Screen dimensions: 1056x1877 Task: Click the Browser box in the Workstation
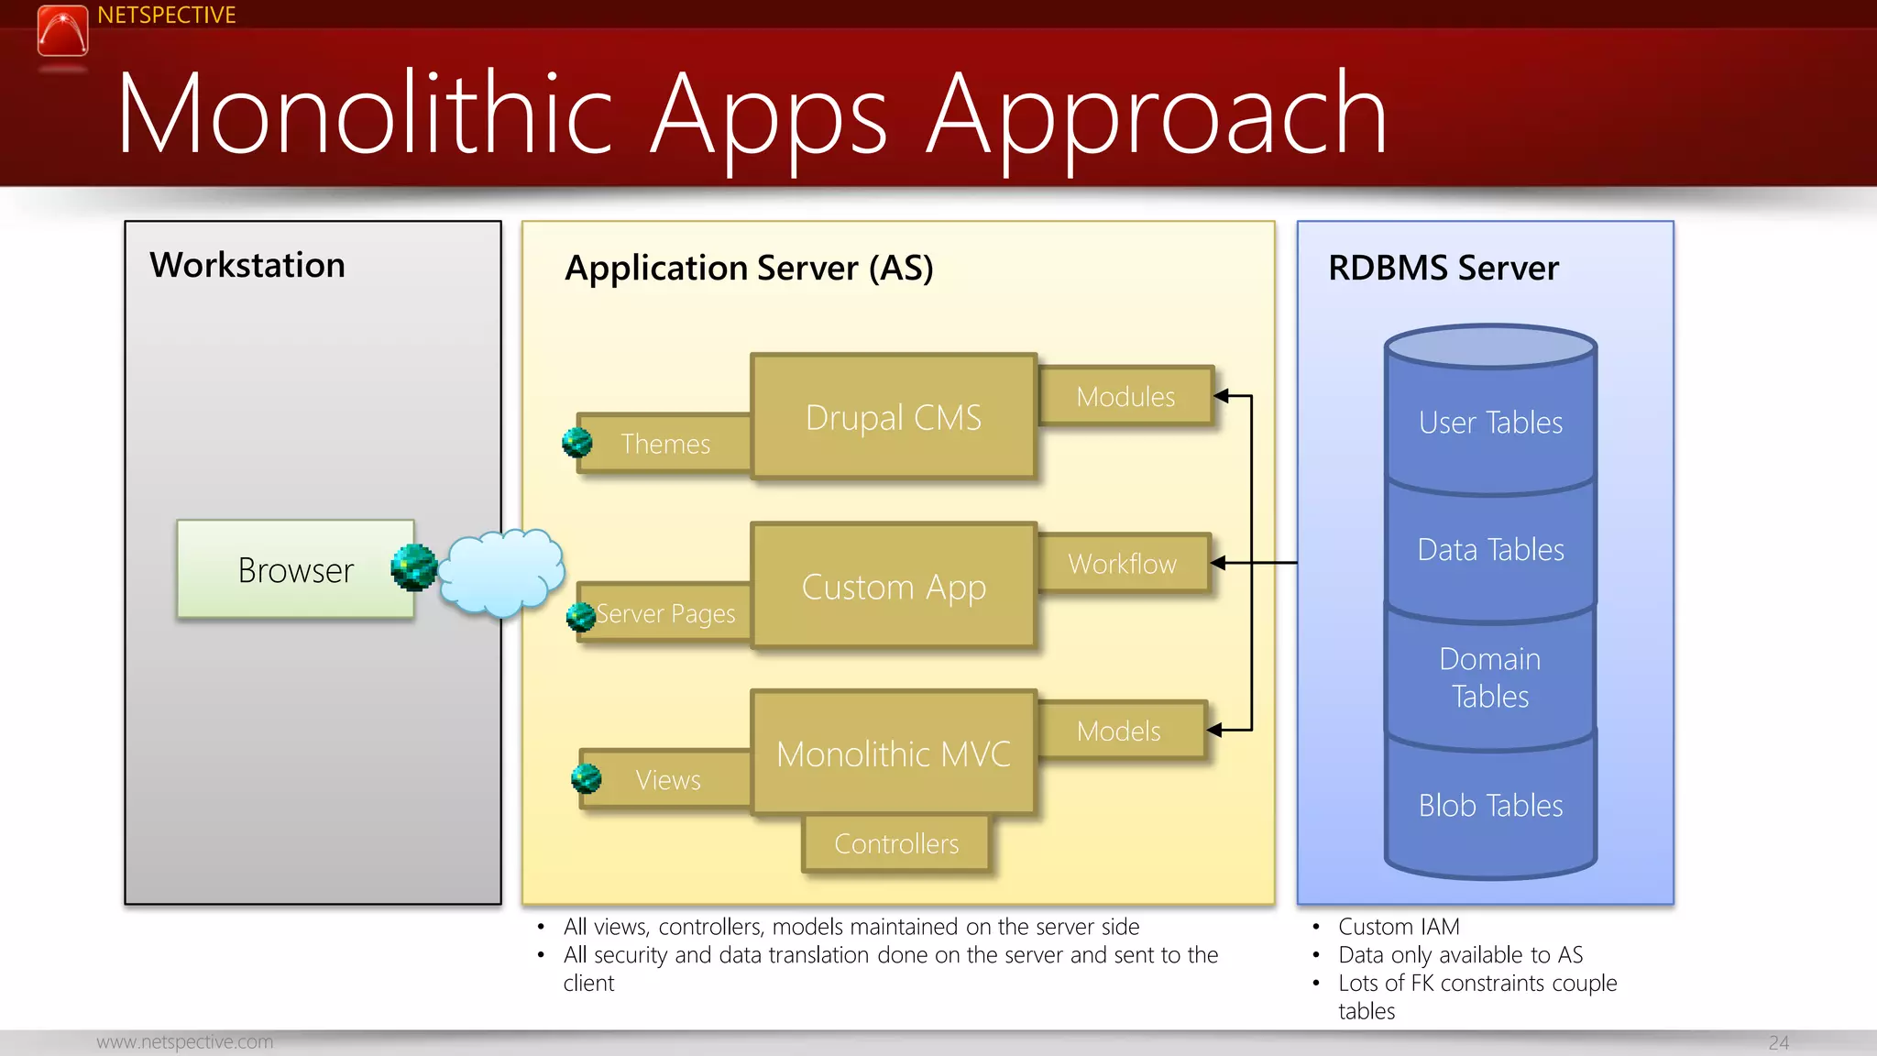click(295, 569)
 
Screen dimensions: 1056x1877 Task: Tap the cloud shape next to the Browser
click(501, 572)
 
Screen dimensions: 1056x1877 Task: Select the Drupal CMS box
click(893, 417)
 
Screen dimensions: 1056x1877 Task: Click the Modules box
click(1125, 396)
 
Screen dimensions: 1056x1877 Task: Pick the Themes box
click(665, 444)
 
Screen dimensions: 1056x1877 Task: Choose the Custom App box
click(893, 587)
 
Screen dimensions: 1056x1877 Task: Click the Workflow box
click(1123, 563)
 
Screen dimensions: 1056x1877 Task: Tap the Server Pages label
click(666, 613)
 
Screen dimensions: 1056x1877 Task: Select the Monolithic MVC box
click(893, 753)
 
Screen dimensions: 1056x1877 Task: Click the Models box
click(1119, 731)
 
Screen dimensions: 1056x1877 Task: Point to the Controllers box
click(896, 843)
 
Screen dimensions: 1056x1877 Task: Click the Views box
click(668, 780)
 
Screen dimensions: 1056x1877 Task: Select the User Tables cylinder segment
click(1490, 423)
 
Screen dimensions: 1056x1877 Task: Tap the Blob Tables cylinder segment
click(1490, 805)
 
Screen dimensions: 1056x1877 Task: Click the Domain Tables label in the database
click(1490, 677)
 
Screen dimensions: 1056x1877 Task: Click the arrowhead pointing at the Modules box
click(1221, 396)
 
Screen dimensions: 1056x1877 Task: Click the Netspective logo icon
click(62, 30)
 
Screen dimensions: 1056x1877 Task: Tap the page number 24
click(1778, 1042)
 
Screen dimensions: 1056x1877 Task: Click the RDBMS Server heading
click(1443, 268)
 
